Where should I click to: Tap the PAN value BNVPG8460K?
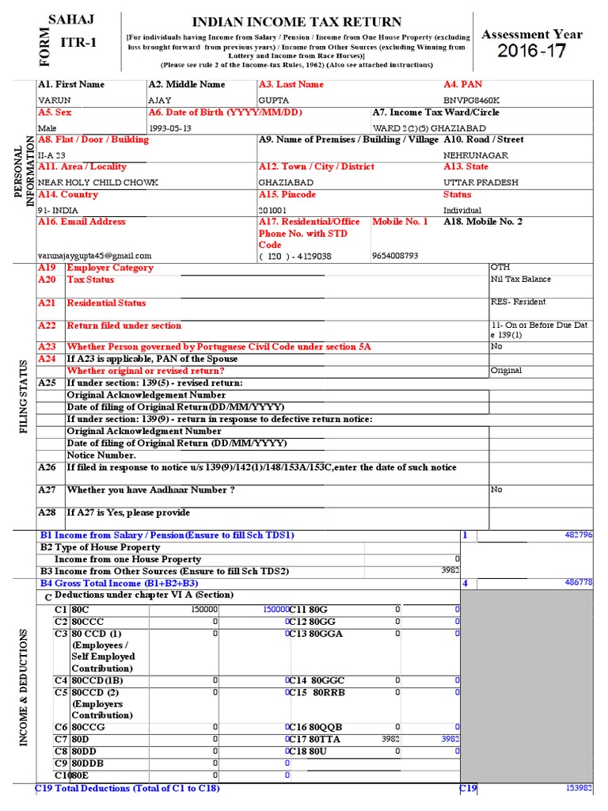pos(472,101)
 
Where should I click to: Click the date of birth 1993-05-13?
pos(170,128)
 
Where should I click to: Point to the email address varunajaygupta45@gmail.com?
pos(94,256)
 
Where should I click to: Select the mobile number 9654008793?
pos(395,256)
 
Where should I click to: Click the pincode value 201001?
pos(274,210)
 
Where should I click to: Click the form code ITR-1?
pos(80,42)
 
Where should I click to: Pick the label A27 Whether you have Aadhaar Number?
pos(150,490)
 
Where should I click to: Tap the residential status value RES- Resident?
pos(518,303)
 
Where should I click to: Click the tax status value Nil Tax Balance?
pos(521,280)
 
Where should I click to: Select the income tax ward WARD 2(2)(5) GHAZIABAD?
pos(423,128)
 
